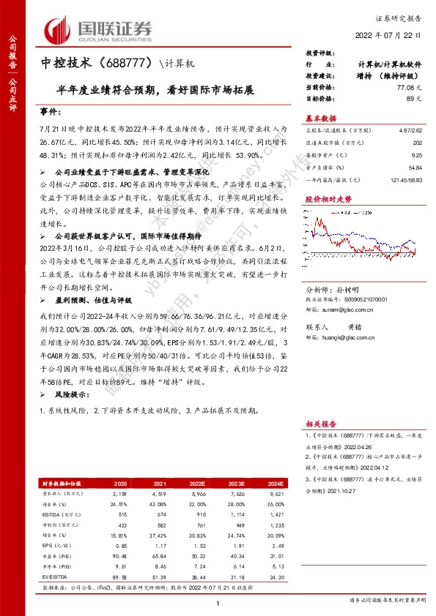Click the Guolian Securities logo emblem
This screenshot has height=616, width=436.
[x=59, y=31]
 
